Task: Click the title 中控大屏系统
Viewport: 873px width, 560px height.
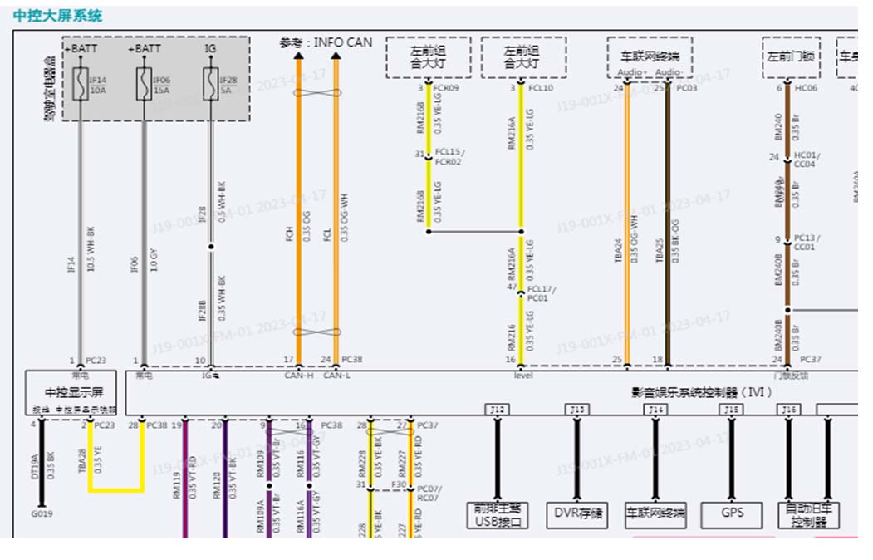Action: (x=57, y=16)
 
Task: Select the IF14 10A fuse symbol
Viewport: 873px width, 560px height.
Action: (x=80, y=85)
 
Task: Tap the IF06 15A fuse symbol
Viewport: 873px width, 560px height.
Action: (x=144, y=85)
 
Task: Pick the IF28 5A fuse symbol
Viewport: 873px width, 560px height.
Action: (x=210, y=85)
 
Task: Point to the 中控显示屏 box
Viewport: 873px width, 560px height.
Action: (x=74, y=392)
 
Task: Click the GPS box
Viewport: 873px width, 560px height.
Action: (x=732, y=513)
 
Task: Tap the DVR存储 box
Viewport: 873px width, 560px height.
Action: (x=577, y=513)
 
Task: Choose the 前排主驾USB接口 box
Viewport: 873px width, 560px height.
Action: (x=498, y=515)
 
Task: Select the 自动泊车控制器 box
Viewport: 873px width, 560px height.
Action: (x=809, y=515)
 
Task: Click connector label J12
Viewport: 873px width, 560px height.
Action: (x=498, y=409)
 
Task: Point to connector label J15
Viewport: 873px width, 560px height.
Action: (x=732, y=409)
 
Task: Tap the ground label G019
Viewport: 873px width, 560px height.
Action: (x=42, y=513)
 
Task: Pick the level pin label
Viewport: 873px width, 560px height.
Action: (x=522, y=376)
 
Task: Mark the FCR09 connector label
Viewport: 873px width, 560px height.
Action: (x=447, y=87)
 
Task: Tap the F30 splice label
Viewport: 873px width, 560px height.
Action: (x=400, y=484)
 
